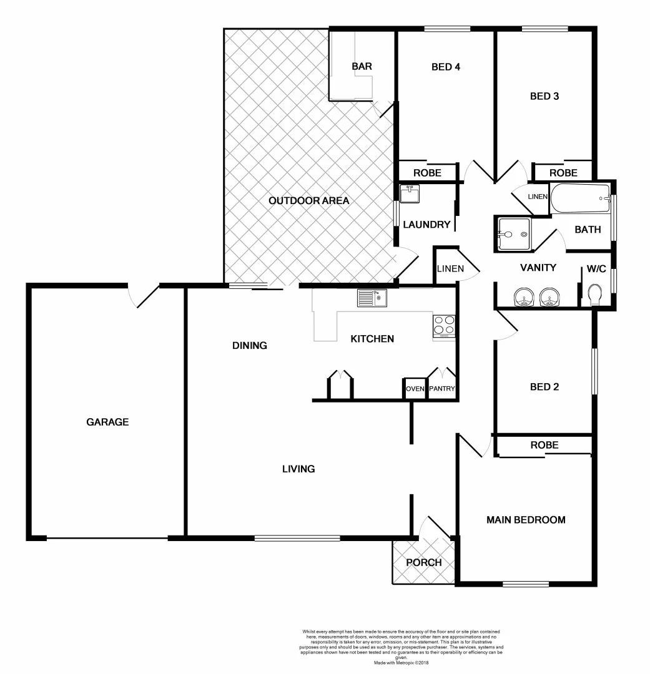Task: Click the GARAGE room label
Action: click(107, 422)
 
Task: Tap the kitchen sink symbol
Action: click(372, 298)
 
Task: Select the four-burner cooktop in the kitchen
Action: click(444, 325)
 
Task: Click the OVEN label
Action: click(415, 389)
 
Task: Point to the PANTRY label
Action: click(441, 389)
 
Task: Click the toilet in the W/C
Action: click(595, 295)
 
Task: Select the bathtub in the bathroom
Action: click(580, 199)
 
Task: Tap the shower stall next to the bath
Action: click(513, 234)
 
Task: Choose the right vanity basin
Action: click(549, 298)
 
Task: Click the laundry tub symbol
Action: click(410, 193)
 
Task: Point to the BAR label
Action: click(362, 66)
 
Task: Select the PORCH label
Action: click(423, 562)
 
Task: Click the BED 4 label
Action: click(446, 66)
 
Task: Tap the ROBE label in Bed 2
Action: click(544, 445)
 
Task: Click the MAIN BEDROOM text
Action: click(526, 519)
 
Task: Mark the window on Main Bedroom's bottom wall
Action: click(526, 584)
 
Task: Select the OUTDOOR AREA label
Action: click(308, 201)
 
